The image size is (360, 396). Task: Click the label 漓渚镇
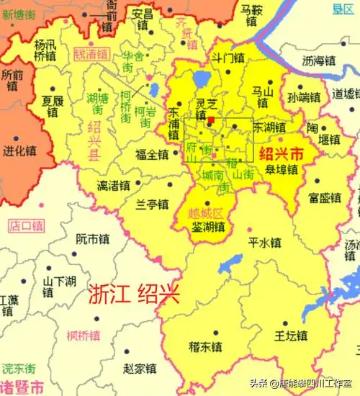[114, 186]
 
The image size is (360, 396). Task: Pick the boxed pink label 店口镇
[27, 226]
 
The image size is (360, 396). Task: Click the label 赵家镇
[140, 369]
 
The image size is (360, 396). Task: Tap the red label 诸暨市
[22, 384]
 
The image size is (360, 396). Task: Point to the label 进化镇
[19, 152]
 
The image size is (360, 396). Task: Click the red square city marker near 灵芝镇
[211, 120]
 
